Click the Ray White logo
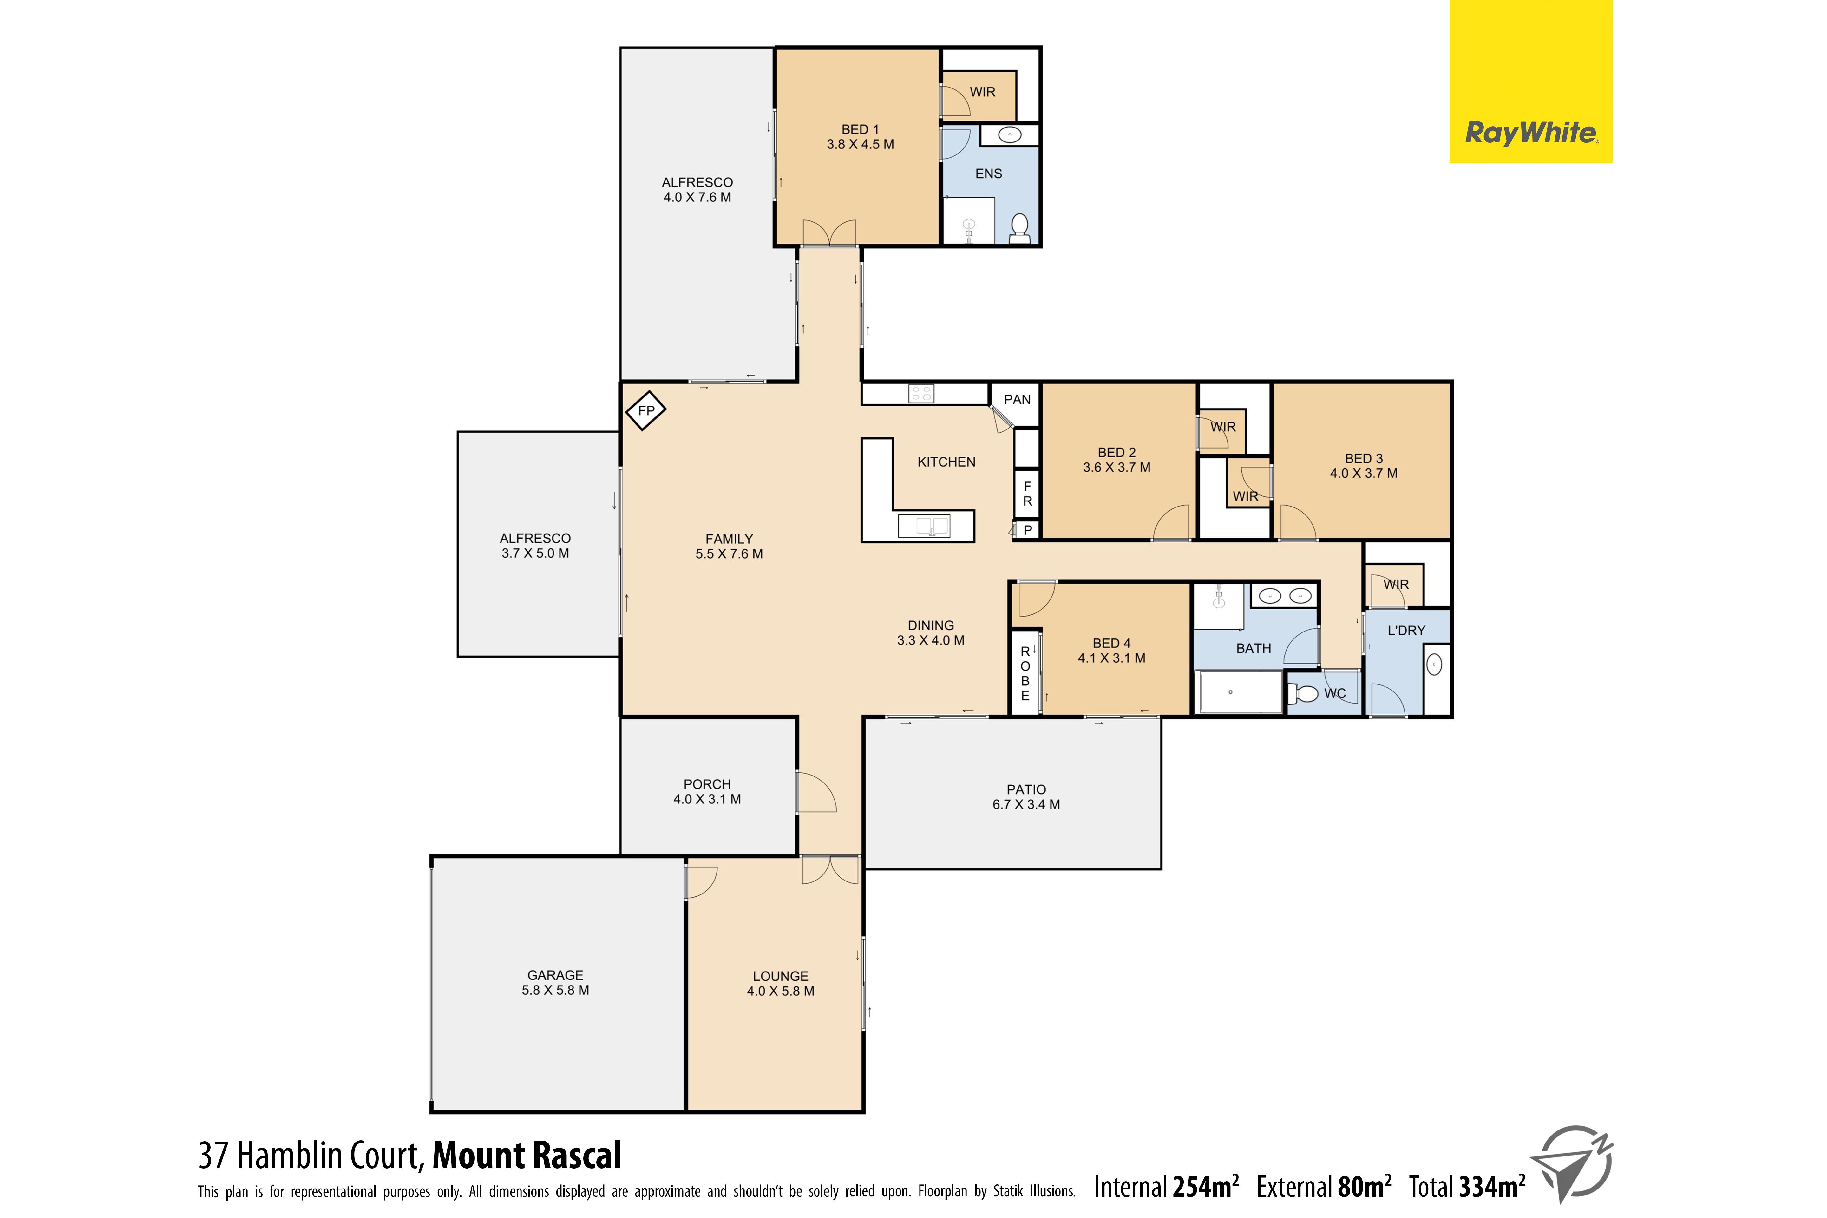(1530, 82)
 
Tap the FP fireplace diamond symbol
(645, 410)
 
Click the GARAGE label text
(555, 975)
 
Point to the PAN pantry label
(1017, 399)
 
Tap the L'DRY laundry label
(1406, 630)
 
